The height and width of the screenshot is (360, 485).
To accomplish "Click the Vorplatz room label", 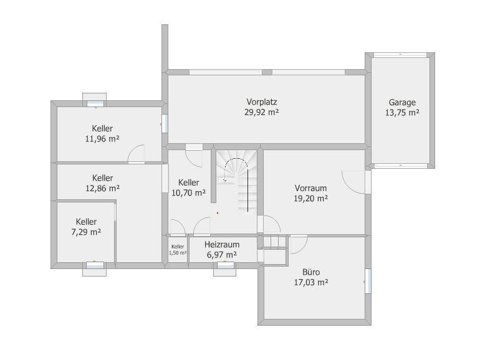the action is pyautogui.click(x=261, y=102).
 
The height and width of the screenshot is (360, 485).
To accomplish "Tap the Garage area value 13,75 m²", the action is pyautogui.click(x=402, y=113).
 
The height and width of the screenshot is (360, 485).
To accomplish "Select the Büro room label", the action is pyautogui.click(x=311, y=272).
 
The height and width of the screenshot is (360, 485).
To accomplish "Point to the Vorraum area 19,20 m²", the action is pyautogui.click(x=310, y=199).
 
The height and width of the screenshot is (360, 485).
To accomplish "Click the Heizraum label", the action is pyautogui.click(x=222, y=244).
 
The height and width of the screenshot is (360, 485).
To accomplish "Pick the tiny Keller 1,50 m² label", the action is pyautogui.click(x=178, y=250).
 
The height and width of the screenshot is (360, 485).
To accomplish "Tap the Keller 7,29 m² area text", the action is pyautogui.click(x=86, y=232).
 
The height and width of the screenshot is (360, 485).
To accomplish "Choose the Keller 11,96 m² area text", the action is pyautogui.click(x=102, y=139).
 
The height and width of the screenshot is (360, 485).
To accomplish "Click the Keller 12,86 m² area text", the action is pyautogui.click(x=102, y=188).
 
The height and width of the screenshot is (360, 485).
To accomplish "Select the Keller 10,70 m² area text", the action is pyautogui.click(x=189, y=193).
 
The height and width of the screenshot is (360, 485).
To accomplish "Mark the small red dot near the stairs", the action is pyautogui.click(x=218, y=213).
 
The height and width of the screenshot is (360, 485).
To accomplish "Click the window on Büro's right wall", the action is pyautogui.click(x=368, y=281).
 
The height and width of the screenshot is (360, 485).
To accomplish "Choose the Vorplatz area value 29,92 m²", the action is pyautogui.click(x=261, y=112).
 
